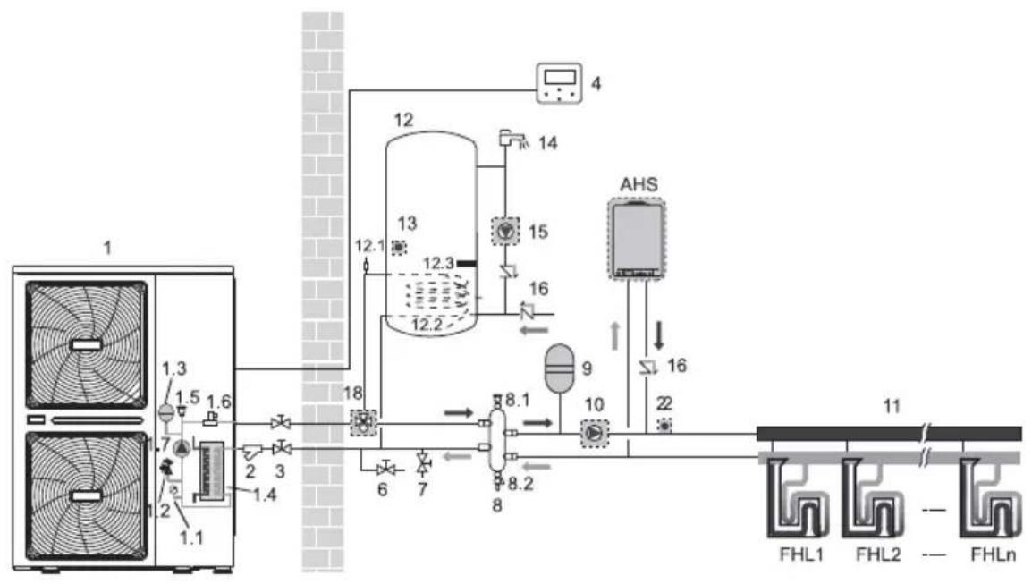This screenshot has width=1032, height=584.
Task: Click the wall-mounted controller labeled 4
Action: coord(559,83)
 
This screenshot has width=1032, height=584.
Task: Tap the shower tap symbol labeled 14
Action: coord(512,139)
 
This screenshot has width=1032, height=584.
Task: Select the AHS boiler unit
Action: coord(636,239)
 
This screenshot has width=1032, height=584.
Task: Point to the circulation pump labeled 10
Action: coord(595,433)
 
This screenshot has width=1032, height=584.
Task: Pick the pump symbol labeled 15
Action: coord(506,231)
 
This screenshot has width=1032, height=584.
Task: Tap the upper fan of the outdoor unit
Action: coord(86,344)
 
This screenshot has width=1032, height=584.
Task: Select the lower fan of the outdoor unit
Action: coord(86,495)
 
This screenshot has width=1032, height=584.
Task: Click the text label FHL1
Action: coord(801,554)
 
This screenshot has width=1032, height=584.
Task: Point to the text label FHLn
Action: coord(993,554)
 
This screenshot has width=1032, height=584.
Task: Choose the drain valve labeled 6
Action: coord(385,469)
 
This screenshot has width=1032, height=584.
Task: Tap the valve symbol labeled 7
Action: coord(424,463)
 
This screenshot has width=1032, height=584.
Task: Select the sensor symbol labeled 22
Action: coord(664,426)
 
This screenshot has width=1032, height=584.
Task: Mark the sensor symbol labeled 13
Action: coord(399,248)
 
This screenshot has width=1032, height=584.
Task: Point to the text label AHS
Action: coord(639,184)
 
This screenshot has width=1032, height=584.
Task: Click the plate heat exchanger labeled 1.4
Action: coord(212,471)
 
